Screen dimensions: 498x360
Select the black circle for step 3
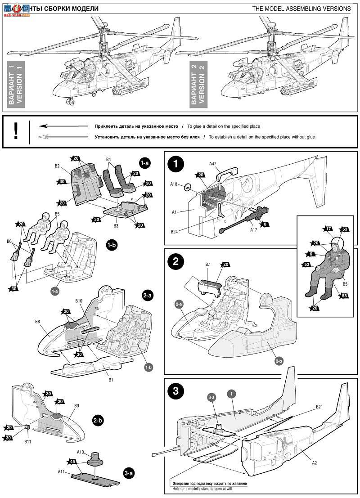176,391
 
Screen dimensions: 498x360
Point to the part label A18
175,184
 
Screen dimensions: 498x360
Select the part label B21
319,407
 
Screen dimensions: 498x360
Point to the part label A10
81,452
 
